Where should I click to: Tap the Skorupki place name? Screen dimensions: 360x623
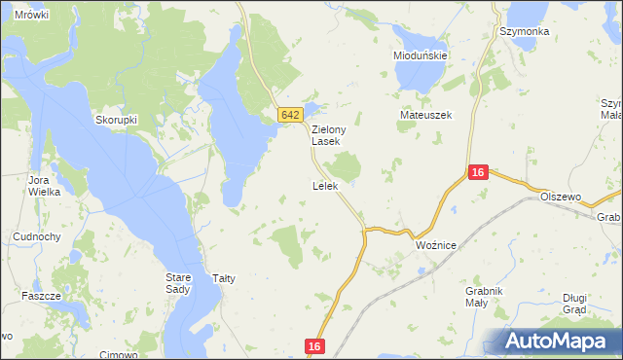coord(115,121)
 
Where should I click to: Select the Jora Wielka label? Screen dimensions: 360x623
coord(44,186)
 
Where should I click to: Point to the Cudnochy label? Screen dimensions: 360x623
coord(38,236)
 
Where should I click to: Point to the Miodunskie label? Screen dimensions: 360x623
coord(420,56)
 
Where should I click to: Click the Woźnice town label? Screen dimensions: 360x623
coord(435,245)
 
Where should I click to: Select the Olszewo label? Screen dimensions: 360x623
coord(561,197)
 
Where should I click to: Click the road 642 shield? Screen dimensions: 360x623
coord(289,115)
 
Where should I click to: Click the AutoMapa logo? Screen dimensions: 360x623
coord(560,340)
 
